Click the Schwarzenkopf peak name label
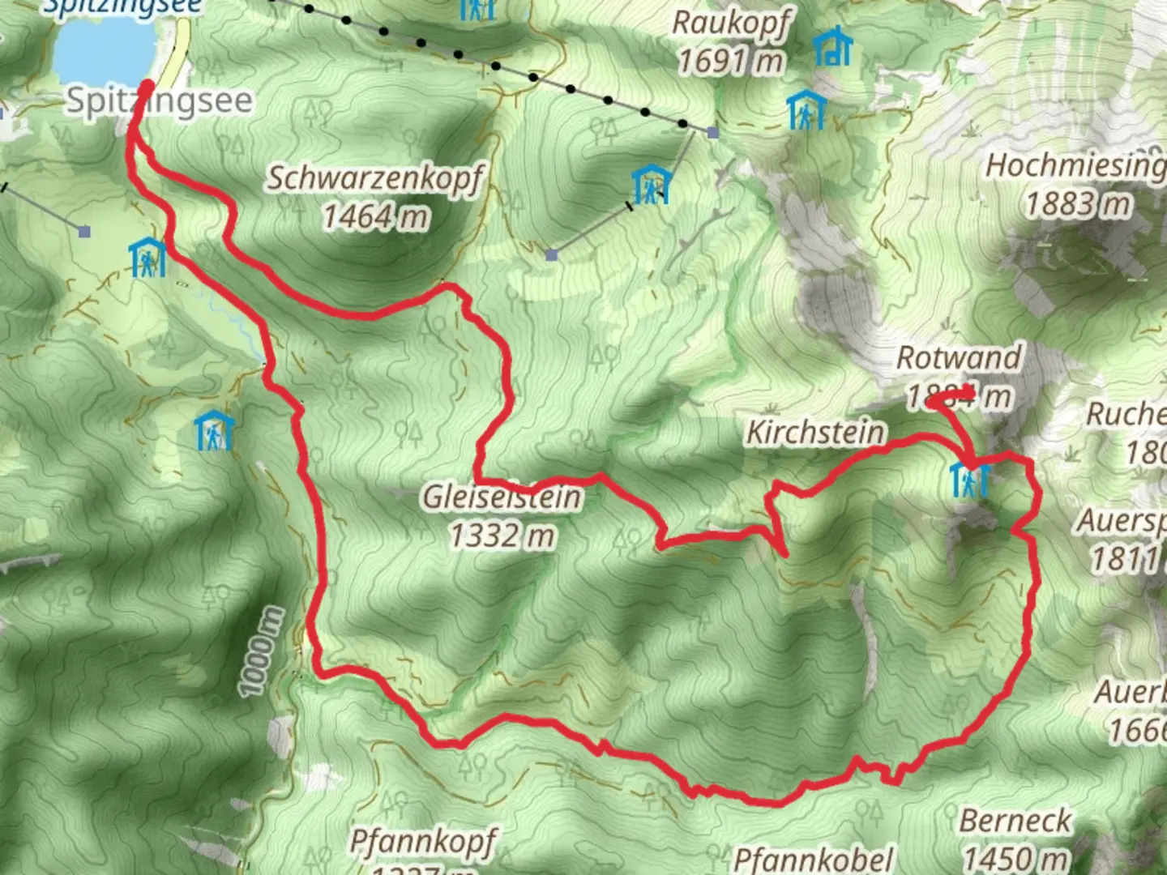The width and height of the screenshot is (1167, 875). click(375, 178)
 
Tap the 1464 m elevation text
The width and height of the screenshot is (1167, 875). click(375, 216)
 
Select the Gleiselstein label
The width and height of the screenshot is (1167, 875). click(502, 497)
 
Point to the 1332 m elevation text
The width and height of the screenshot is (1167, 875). click(502, 536)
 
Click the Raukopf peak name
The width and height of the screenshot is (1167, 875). click(731, 23)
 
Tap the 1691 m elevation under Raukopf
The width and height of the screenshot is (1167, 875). click(731, 61)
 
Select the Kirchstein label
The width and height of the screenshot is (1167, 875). click(814, 433)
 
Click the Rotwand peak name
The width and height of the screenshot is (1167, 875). click(959, 358)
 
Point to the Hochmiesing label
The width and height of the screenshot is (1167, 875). click(1075, 166)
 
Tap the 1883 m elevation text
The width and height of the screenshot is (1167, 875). click(1078, 203)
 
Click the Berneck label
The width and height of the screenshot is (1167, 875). click(1015, 821)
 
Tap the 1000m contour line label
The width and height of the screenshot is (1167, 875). click(260, 652)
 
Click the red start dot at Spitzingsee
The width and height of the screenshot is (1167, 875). click(147, 87)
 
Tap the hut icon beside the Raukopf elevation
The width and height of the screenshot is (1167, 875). click(832, 47)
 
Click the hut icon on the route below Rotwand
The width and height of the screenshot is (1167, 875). click(969, 480)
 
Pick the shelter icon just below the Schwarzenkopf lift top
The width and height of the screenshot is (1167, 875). click(652, 186)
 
